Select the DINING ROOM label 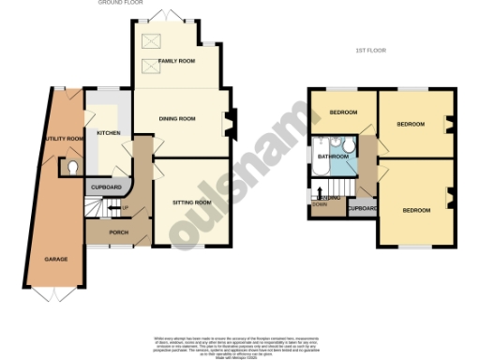[x=176, y=119]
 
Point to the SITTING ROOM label [x=191, y=202]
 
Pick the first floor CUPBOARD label [x=362, y=208]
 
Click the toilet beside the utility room [x=73, y=168]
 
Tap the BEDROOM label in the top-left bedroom [x=344, y=113]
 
